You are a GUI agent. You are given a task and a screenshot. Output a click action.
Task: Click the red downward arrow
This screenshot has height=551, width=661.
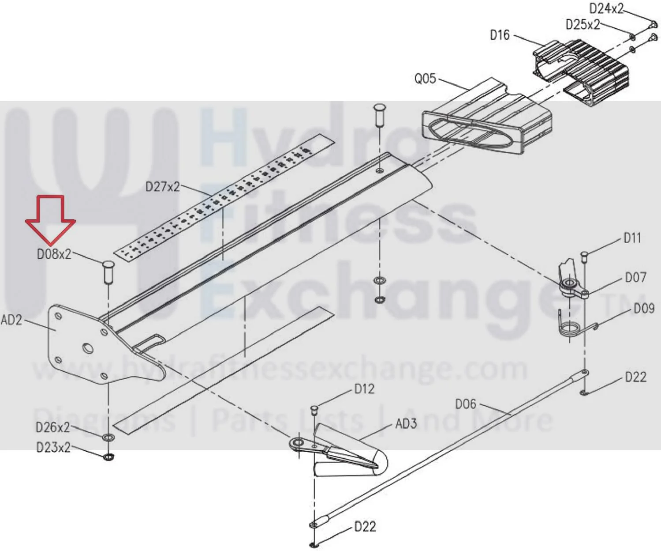pos(51,221)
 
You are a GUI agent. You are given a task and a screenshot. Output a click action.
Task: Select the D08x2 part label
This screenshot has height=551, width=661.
pos(54,254)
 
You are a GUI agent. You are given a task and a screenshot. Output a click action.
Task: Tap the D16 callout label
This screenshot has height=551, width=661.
pos(500,35)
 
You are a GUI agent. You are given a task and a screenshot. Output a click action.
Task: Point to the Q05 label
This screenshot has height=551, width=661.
pos(425,79)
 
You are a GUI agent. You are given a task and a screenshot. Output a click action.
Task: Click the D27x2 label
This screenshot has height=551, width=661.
pos(163,186)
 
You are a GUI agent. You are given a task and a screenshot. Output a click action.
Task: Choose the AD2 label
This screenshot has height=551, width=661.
pos(11,320)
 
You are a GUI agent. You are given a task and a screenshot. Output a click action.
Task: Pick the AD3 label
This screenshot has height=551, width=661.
pos(406,423)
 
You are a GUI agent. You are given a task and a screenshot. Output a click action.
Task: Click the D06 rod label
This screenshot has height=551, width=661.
pos(466,404)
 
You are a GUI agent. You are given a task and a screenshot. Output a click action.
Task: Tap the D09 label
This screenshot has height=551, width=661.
pos(644,308)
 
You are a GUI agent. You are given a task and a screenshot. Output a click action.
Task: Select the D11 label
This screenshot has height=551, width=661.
pos(632,238)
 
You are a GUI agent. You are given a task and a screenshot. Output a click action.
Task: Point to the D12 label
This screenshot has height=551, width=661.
pos(364,389)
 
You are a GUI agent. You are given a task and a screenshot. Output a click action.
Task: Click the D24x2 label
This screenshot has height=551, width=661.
pos(606,8)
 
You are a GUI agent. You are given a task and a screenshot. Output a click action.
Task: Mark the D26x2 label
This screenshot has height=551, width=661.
pos(52,427)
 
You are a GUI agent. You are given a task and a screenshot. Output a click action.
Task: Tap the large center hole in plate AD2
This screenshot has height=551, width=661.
pos(88,348)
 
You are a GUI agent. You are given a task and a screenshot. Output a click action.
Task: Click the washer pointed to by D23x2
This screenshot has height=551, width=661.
pos(108,457)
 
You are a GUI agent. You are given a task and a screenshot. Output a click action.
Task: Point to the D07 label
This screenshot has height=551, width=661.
pos(635,278)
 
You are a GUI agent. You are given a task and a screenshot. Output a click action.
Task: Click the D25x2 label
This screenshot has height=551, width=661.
pos(583,24)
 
